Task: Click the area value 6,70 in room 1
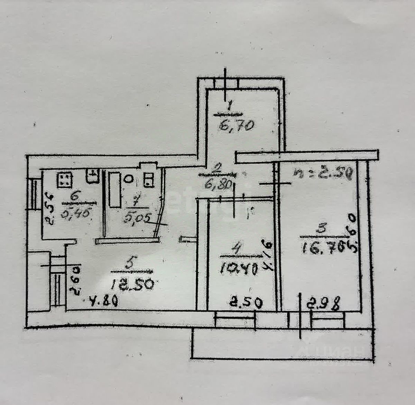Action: point(237,123)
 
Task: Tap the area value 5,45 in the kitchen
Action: point(74,212)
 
